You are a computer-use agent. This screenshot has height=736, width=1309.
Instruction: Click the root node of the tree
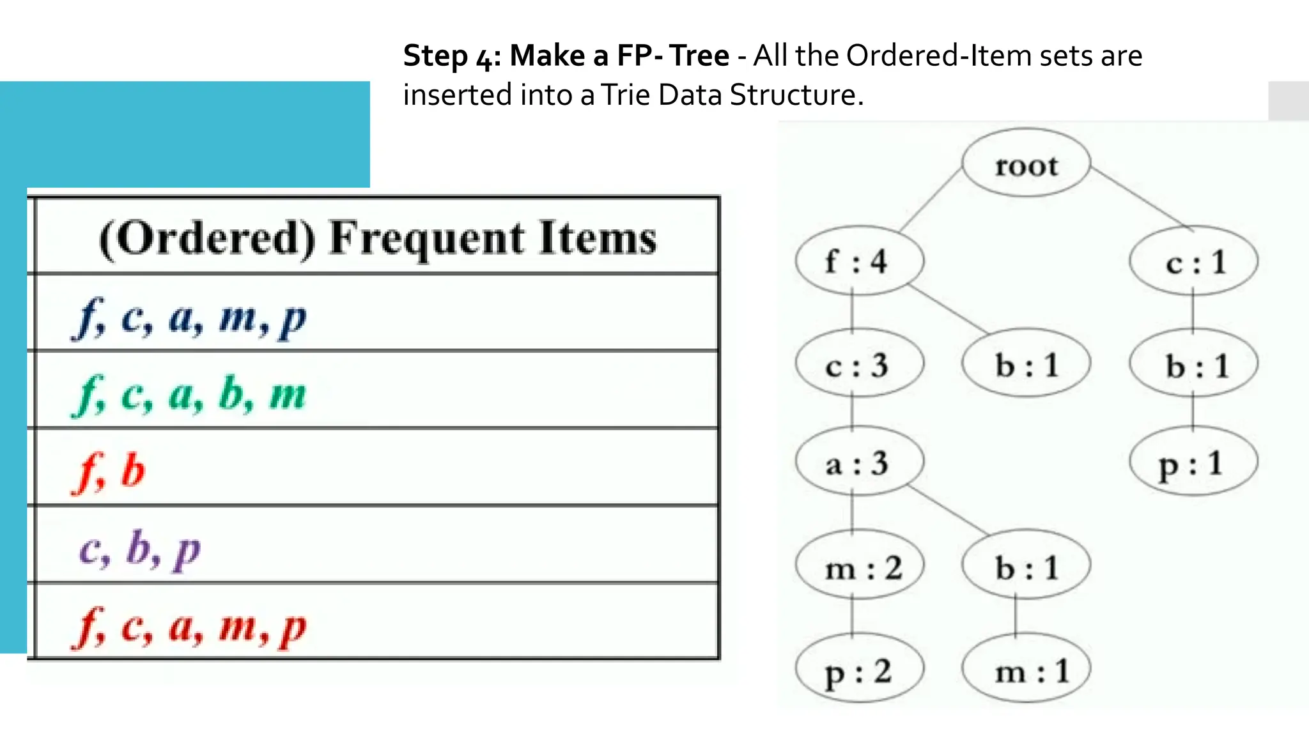(x=1026, y=165)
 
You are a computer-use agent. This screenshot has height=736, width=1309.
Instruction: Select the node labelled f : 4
(x=859, y=261)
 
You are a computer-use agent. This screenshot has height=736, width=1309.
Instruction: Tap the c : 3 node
(x=859, y=365)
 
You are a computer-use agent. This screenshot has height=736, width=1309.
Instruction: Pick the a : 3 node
(x=859, y=463)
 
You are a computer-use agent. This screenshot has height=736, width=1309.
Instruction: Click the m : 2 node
(x=859, y=567)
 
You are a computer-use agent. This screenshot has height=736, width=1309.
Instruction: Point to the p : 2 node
(x=859, y=671)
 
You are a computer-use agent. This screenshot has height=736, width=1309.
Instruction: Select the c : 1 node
(x=1193, y=261)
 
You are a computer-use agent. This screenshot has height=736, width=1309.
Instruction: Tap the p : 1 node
(x=1193, y=463)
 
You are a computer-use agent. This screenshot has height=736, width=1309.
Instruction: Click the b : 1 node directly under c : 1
(x=1193, y=365)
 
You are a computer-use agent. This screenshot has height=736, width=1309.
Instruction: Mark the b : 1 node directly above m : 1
(x=1026, y=567)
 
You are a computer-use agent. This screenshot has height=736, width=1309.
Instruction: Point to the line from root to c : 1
(x=1142, y=197)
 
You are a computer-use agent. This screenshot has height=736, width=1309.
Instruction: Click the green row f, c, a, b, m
(x=192, y=392)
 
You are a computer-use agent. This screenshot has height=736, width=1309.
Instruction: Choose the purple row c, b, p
(x=140, y=548)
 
